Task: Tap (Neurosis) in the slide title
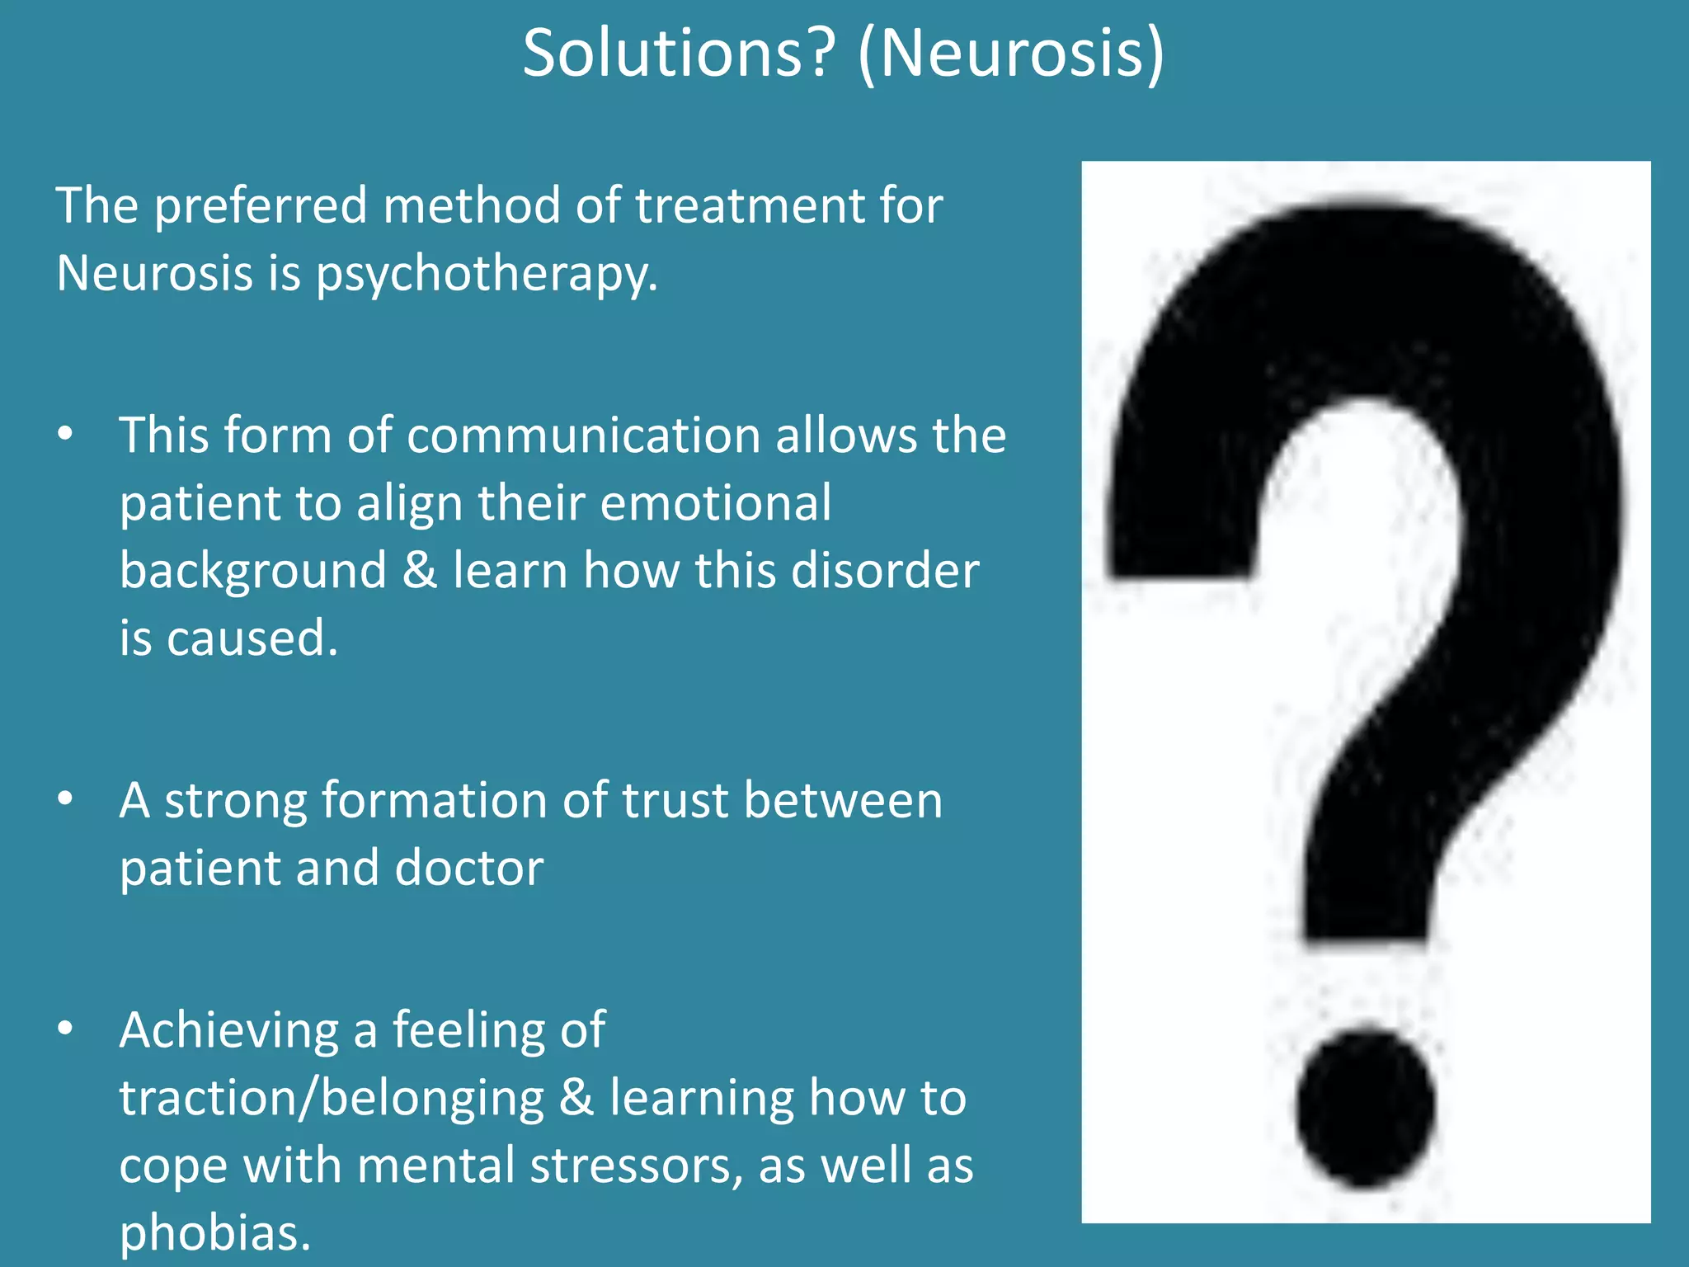1011,54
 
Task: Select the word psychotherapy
487,274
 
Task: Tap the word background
253,571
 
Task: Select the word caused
252,638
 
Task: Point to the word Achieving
228,1030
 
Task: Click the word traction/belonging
332,1098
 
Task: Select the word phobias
214,1233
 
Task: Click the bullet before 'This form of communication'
66,435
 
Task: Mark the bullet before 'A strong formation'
66,800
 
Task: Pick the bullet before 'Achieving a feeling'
66,1029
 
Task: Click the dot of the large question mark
1365,1108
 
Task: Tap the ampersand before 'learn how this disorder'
420,571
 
